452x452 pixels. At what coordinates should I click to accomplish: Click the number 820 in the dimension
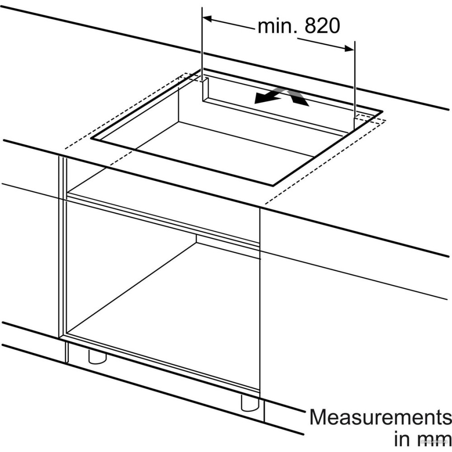(322, 26)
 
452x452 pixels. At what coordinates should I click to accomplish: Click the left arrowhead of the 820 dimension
(207, 19)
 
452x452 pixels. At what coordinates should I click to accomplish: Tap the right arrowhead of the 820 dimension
(349, 49)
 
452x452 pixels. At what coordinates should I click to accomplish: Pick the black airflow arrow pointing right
(297, 98)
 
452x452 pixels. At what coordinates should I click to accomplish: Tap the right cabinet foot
(250, 403)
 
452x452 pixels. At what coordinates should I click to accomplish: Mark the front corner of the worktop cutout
(273, 184)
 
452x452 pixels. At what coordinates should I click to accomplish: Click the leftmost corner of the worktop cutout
(91, 138)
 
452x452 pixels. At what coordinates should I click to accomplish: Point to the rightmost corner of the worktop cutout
(383, 111)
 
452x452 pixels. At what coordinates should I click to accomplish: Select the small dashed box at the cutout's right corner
(371, 119)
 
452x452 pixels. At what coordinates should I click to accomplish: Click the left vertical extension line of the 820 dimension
(202, 43)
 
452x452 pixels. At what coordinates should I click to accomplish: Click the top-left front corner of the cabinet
(59, 156)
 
